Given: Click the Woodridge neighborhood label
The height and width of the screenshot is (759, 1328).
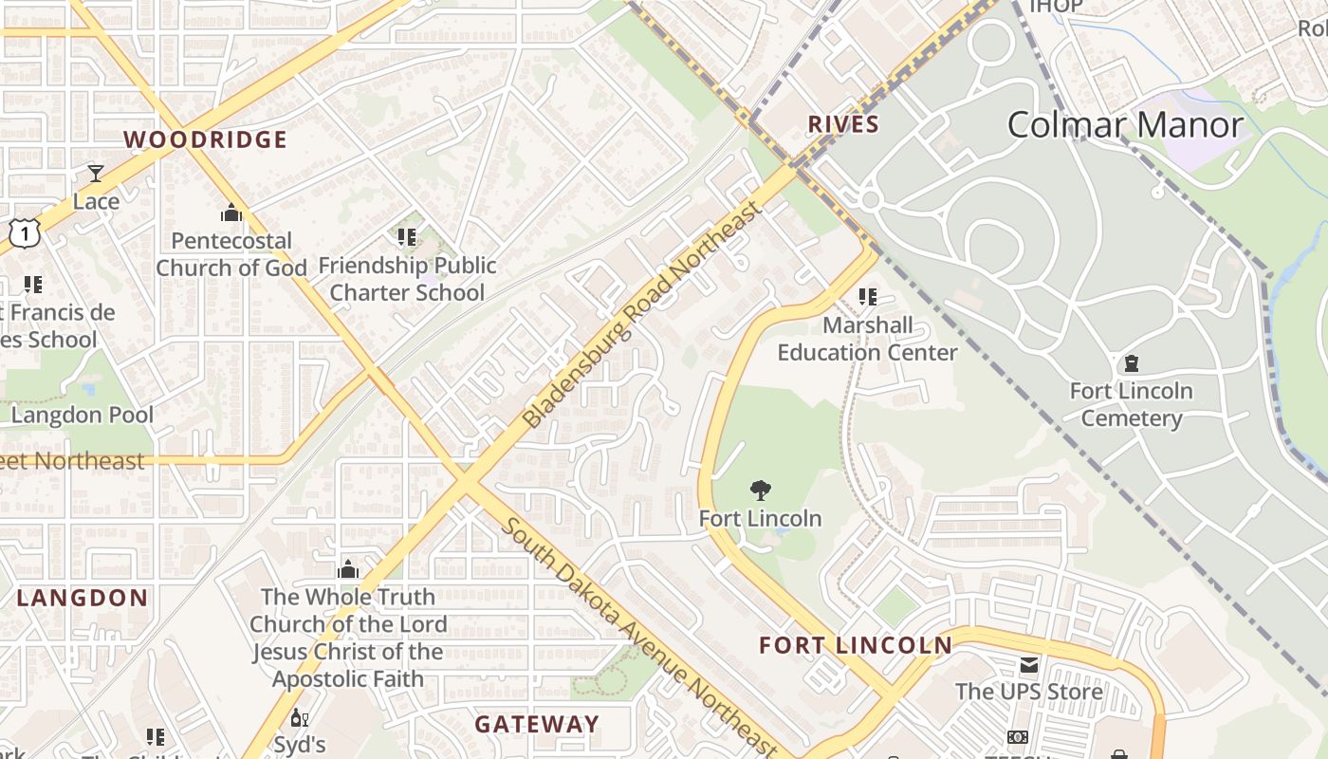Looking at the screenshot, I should coord(205,139).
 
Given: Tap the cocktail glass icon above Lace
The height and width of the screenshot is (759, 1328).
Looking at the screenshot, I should coord(96,174).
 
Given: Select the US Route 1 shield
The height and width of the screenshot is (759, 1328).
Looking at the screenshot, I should coord(24,231).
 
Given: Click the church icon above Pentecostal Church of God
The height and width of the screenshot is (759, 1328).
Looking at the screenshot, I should coord(231,213).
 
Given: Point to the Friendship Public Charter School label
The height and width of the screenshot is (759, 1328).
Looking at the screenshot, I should coord(408,279).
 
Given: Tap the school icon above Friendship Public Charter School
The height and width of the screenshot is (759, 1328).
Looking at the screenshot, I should coord(407,236).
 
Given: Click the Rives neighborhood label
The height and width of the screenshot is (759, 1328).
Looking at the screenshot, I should coord(843,124).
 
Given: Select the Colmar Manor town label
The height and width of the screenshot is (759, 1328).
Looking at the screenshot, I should coord(1125,125).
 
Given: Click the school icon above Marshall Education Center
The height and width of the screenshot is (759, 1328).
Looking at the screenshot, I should coord(867,297).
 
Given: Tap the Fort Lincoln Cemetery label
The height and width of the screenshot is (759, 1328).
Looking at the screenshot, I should coord(1131,404).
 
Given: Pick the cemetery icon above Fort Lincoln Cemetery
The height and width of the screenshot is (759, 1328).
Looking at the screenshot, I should coord(1131,362).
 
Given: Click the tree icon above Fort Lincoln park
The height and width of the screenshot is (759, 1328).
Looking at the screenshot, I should coord(760,491).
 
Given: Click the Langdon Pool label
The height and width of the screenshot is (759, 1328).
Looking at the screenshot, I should coord(83,415).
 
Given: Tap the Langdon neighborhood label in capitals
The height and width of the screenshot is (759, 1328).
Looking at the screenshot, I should coord(83,598).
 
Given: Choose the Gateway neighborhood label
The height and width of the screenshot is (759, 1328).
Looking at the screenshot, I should coord(537,724).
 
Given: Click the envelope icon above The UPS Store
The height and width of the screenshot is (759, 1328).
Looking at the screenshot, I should coord(1029,664).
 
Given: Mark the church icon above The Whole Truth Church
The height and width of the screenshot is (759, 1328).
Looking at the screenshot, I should coord(348,569).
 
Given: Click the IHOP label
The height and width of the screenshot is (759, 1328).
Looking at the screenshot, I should coord(1056,7).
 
